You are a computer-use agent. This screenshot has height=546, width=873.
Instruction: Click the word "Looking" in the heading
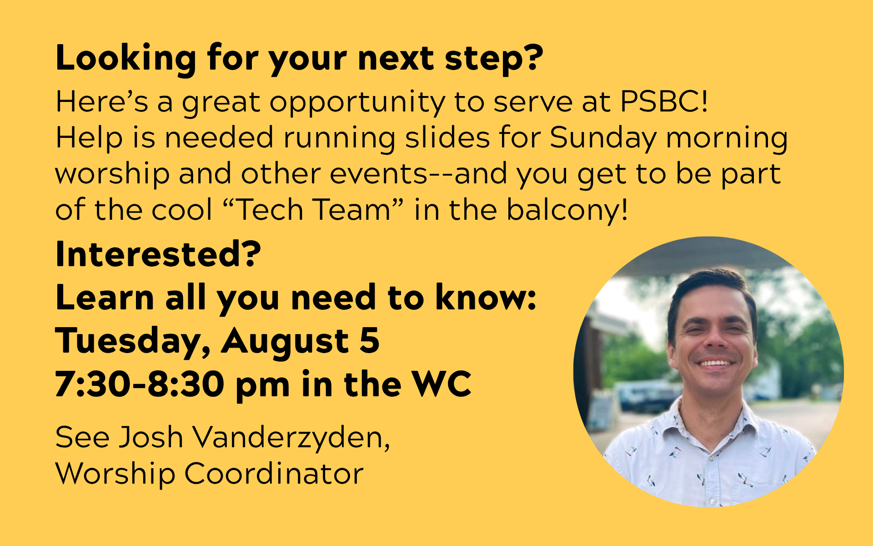click(126, 59)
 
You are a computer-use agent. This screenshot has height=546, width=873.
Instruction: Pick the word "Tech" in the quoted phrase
click(270, 210)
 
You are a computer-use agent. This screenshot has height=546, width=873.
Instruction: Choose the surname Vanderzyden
click(291, 438)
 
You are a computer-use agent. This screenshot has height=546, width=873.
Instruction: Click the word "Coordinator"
click(274, 474)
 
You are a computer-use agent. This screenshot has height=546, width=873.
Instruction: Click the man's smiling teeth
click(715, 363)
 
